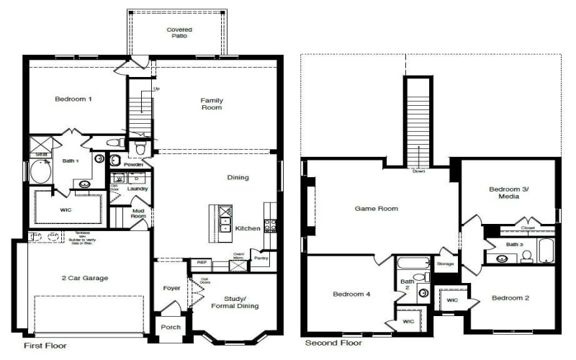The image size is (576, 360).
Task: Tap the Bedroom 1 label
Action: point(73,99)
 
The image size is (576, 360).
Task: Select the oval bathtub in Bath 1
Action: point(37,173)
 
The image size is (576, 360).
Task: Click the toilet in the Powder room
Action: point(140,149)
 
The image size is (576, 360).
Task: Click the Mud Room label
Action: point(138,213)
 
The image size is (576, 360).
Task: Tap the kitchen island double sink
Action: point(225,222)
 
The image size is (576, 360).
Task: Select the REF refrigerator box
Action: point(202,263)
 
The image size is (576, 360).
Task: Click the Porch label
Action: point(171,328)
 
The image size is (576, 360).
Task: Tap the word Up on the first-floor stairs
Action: point(156,89)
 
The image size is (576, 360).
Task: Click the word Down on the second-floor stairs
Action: point(419,171)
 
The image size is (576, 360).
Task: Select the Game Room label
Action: point(377,209)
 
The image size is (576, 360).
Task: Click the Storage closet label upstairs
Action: point(445,264)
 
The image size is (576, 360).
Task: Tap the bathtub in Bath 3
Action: point(546,252)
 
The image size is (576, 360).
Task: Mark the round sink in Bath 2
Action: point(423,293)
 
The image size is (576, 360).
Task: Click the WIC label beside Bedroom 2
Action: point(451,300)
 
